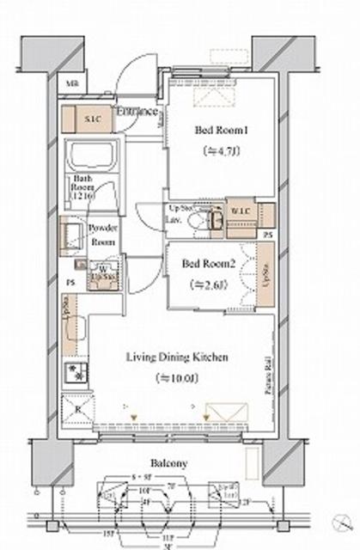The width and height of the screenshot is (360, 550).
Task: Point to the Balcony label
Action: tap(173, 463)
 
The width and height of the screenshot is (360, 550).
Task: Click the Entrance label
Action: tap(137, 111)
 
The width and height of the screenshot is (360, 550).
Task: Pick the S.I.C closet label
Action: tap(91, 119)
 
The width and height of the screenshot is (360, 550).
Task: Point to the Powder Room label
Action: tap(102, 235)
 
